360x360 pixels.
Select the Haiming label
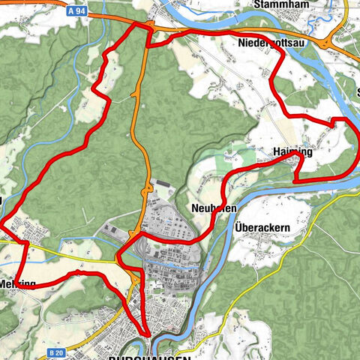[x=292, y=152]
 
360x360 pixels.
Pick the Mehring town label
[x=16, y=285]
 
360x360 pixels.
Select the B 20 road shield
[x=54, y=352]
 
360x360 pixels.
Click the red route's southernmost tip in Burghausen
[x=147, y=335]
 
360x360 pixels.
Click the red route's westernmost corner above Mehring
[x=1, y=223]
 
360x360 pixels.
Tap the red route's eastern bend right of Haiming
[x=352, y=142]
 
